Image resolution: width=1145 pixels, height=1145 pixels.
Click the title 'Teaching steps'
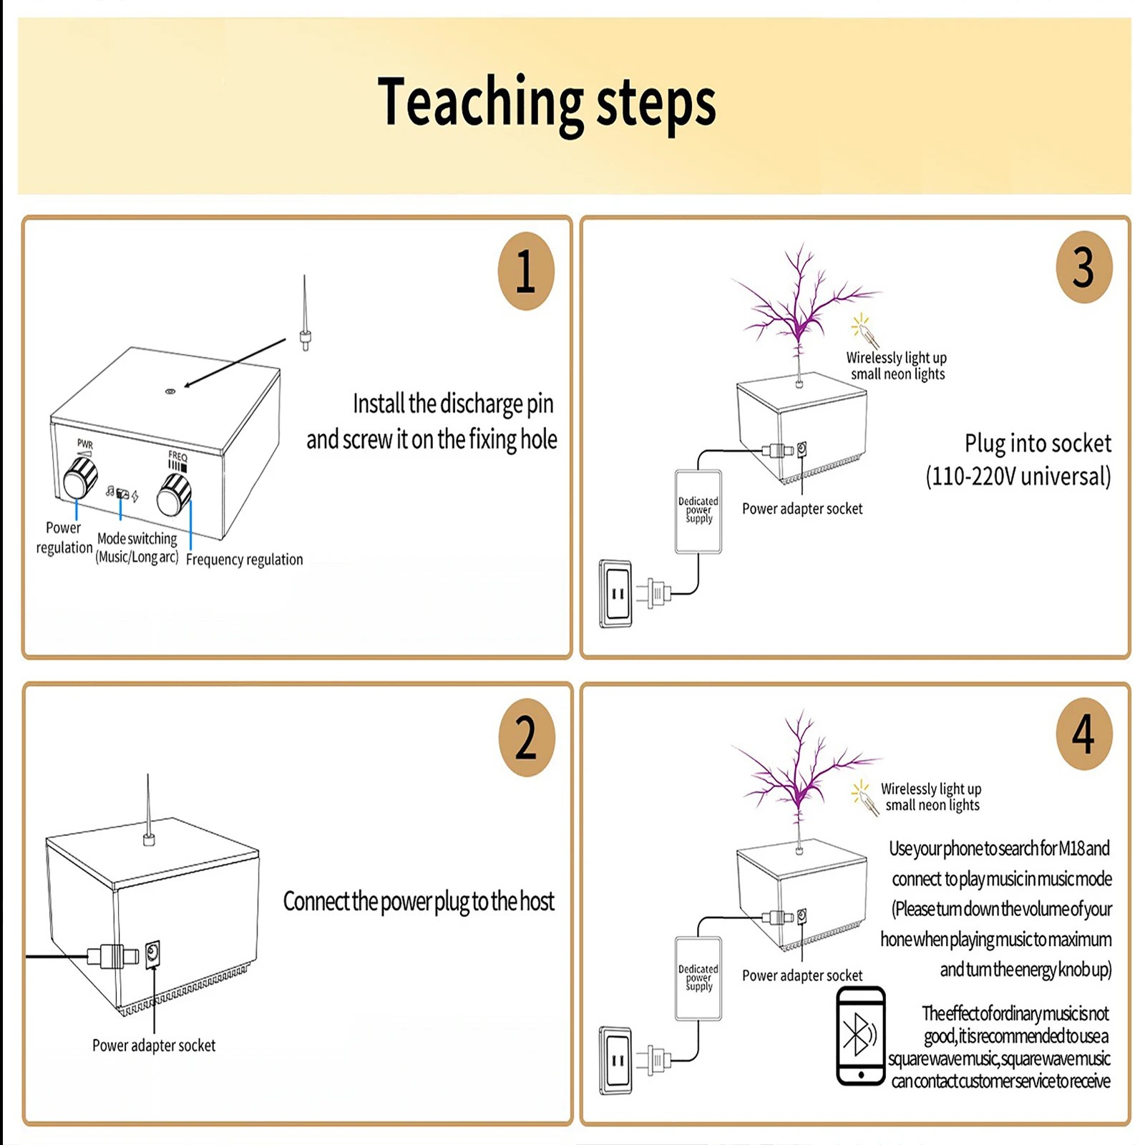coord(547,104)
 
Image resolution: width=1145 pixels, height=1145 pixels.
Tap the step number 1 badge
coord(526,271)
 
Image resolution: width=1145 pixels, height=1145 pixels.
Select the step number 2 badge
coord(526,737)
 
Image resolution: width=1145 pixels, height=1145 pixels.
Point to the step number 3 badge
coord(1083,267)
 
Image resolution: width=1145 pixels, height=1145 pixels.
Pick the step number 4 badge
coord(1083,734)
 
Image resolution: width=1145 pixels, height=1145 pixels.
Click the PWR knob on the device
coord(80,478)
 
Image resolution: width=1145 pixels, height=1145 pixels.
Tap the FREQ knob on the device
coord(174,494)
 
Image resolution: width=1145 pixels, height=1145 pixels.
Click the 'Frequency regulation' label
coord(244,559)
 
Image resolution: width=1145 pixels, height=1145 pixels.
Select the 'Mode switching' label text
coord(137,539)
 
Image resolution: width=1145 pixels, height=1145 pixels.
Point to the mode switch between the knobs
coord(122,494)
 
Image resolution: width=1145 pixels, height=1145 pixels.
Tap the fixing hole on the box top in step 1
coord(170,391)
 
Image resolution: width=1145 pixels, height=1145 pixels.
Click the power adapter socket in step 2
coord(152,954)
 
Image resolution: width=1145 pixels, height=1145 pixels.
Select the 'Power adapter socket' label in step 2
coord(154,1046)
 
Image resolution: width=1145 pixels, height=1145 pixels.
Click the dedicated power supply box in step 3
coord(698,511)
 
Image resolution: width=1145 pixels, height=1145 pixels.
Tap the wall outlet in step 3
coord(616,593)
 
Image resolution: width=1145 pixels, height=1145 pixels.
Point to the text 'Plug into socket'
coord(1038,443)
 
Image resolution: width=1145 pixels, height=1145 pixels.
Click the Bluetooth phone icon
coord(860,1035)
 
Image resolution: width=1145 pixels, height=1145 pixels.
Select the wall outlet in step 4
coord(616,1060)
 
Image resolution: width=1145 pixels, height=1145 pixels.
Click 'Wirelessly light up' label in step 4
coord(930,789)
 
